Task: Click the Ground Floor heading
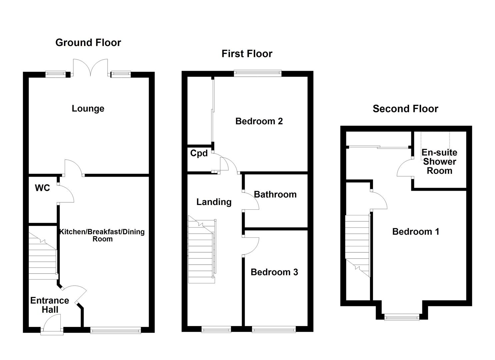88,43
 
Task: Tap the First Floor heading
247,54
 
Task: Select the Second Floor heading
405,109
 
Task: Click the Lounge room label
88,109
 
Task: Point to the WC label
42,188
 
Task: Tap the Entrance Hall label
50,305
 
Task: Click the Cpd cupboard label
199,153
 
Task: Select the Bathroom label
275,194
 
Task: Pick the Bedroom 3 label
274,272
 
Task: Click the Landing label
214,202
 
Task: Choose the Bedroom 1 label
415,232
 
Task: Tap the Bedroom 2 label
259,121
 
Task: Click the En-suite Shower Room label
439,162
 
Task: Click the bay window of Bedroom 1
402,317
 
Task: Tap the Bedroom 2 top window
258,73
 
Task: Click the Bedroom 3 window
274,330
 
